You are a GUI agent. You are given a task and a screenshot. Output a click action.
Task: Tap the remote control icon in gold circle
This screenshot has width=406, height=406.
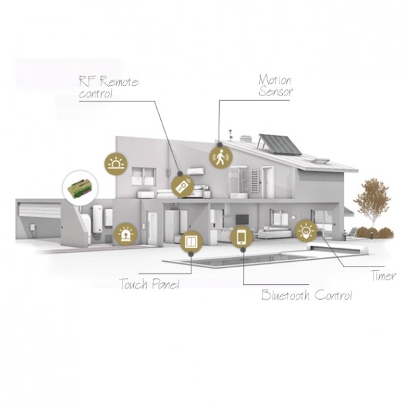pos(181,186)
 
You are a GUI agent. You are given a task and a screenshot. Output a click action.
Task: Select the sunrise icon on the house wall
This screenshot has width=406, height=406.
pos(116,163)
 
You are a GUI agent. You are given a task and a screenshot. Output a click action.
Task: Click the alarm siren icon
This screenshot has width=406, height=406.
pos(125,234)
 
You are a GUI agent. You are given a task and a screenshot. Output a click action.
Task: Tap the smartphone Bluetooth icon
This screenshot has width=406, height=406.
pos(242,238)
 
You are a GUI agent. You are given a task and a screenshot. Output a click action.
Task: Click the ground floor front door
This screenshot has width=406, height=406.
pos(152,227)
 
